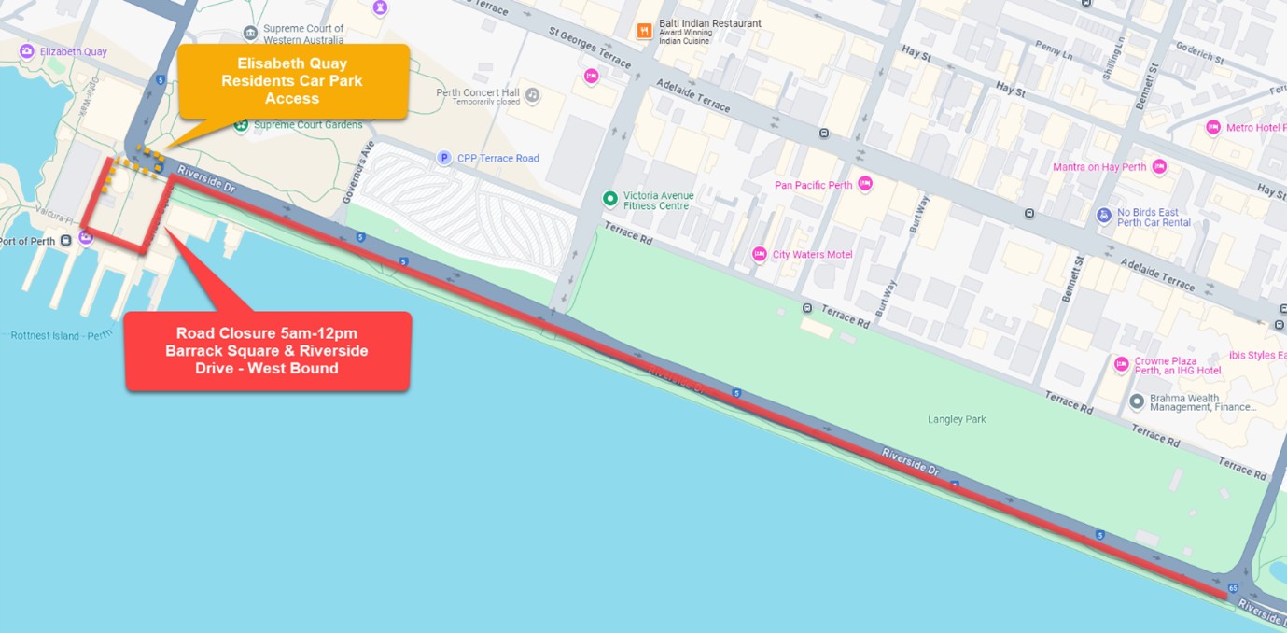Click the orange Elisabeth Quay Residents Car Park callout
pyautogui.click(x=292, y=81)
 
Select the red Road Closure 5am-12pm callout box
pyautogui.click(x=268, y=351)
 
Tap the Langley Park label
pyautogui.click(x=957, y=420)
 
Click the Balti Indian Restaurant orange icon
pyautogui.click(x=644, y=31)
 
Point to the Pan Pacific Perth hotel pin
pyautogui.click(x=865, y=184)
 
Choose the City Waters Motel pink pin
pyautogui.click(x=760, y=254)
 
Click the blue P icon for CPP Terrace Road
pyautogui.click(x=445, y=158)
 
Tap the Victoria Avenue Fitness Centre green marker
pyautogui.click(x=609, y=198)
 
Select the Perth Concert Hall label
pyautogui.click(x=478, y=93)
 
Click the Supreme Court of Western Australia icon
pyautogui.click(x=250, y=34)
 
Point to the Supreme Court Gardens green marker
pyautogui.click(x=241, y=124)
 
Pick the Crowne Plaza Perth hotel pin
pyautogui.click(x=1122, y=363)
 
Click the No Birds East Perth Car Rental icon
pyautogui.click(x=1104, y=216)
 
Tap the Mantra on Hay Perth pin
pyautogui.click(x=1159, y=167)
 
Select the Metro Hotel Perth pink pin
pyautogui.click(x=1213, y=127)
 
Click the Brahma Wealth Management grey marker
pyautogui.click(x=1137, y=401)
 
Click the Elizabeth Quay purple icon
pyautogui.click(x=26, y=51)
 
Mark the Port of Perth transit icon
pyautogui.click(x=65, y=241)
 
